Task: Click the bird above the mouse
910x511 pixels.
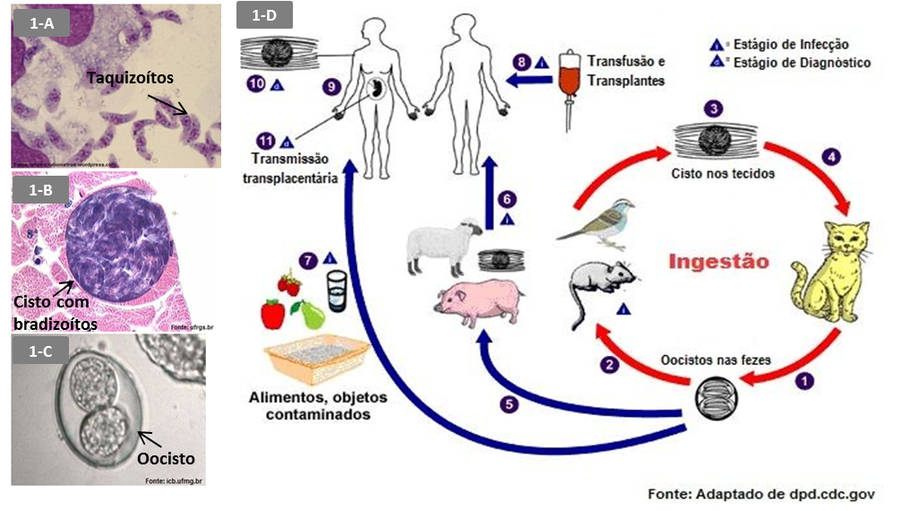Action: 597,221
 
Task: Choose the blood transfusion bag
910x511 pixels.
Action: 565,76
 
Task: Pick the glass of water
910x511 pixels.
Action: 337,289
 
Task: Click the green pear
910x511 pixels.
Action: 311,314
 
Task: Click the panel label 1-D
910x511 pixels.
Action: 263,14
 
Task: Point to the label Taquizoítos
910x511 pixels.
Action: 130,78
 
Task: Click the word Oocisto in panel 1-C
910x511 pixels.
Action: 166,458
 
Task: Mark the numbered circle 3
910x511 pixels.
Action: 713,109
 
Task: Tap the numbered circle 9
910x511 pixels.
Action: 331,87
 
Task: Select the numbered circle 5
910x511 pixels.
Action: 510,404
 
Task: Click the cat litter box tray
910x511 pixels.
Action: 316,358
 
